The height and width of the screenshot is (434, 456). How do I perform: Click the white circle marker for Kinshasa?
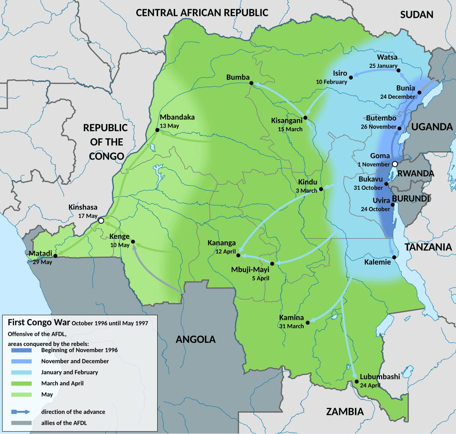(101, 221)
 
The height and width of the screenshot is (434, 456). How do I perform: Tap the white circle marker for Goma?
(395, 164)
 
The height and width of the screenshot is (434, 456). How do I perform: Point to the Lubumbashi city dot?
(357, 382)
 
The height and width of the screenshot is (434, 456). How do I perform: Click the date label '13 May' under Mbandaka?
(170, 126)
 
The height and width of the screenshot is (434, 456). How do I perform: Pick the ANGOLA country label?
(195, 340)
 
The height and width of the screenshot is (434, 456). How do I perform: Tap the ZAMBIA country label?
(345, 411)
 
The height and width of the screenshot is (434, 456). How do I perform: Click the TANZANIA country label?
(428, 247)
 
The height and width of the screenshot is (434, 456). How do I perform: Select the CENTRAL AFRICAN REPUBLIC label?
(202, 12)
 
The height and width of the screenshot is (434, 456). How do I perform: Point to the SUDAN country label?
(416, 15)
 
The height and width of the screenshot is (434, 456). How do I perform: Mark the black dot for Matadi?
(55, 256)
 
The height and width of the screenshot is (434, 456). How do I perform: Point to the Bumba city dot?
(251, 83)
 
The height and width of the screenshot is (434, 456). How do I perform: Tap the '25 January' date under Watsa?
(383, 66)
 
